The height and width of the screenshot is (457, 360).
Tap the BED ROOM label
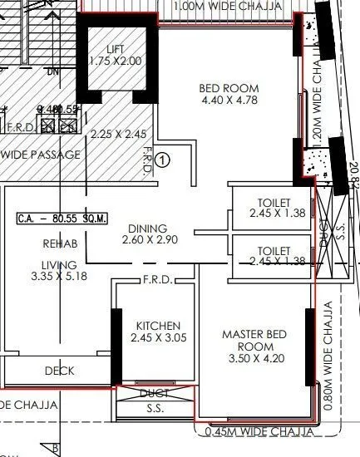pyautogui.click(x=229, y=89)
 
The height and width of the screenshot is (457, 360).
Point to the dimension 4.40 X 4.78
pyautogui.click(x=229, y=101)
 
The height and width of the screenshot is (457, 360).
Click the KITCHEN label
pyautogui.click(x=155, y=326)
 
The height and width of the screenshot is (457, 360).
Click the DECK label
pyautogui.click(x=60, y=371)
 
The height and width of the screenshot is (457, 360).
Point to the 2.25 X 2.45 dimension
pyautogui.click(x=118, y=134)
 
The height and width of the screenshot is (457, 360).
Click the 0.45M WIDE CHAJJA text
pyautogui.click(x=257, y=430)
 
